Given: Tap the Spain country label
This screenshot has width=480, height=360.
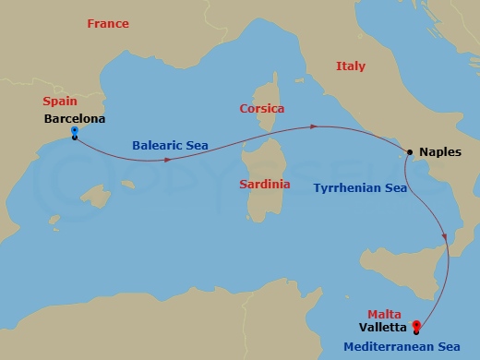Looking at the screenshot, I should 59,102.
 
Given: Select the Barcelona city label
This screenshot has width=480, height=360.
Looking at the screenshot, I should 74,119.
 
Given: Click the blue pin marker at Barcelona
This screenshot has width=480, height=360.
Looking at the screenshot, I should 74,134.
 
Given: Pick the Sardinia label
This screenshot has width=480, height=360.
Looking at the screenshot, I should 264,185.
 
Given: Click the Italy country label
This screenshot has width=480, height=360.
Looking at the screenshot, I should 351,66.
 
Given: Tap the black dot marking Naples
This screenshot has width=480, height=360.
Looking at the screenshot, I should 409,152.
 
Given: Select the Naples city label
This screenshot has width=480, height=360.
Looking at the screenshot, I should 438,153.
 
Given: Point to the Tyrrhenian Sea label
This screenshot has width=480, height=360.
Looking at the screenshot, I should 360,188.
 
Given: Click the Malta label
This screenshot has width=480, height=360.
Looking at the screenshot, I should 385,314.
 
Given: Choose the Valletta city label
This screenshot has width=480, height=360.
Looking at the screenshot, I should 387,327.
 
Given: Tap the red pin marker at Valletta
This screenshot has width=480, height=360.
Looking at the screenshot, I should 416,327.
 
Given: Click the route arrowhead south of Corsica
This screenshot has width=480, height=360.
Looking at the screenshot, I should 315,126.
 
